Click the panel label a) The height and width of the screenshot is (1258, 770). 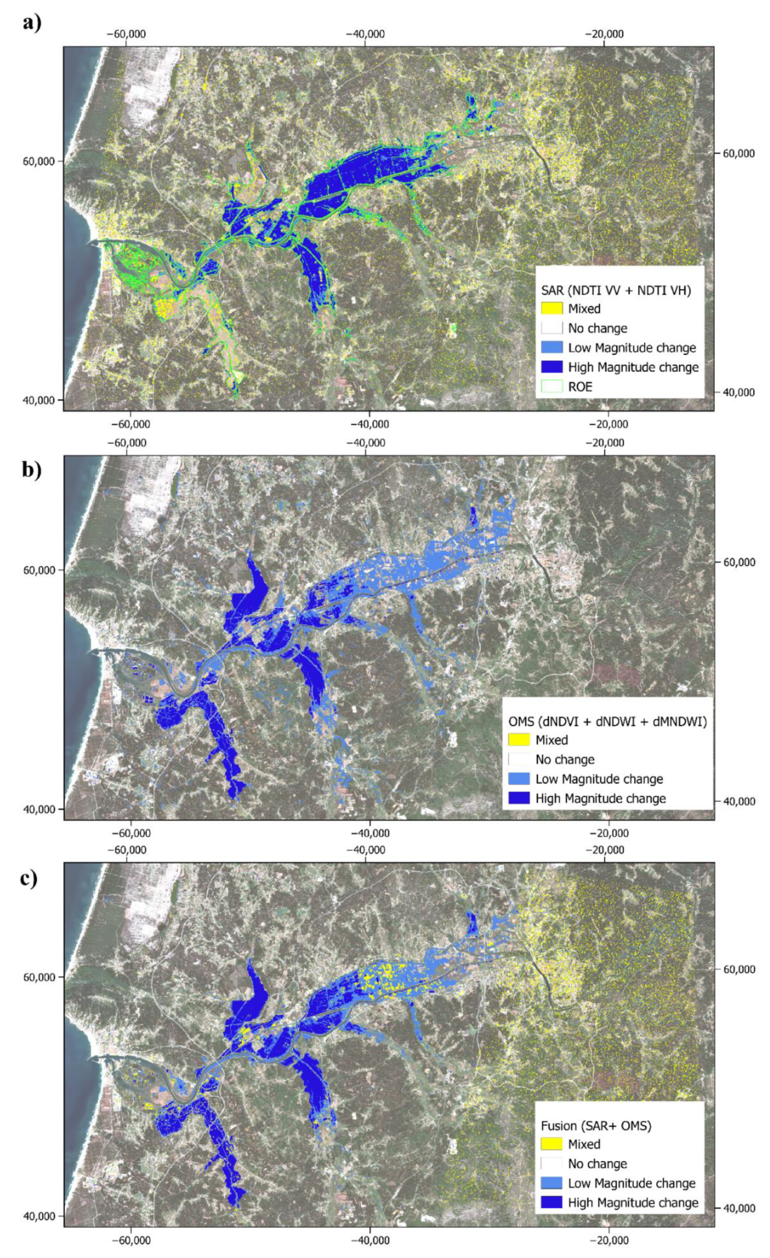[x=31, y=23]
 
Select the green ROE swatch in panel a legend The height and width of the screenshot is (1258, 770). [x=552, y=387]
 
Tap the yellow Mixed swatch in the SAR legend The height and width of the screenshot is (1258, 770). [x=552, y=308]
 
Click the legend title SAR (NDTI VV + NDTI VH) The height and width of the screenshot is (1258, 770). [x=616, y=290]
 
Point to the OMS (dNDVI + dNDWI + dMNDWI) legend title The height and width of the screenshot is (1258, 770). [x=608, y=722]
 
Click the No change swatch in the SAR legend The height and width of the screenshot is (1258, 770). [x=552, y=328]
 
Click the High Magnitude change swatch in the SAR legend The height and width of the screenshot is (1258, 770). [x=552, y=367]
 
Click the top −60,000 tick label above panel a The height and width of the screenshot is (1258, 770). [x=126, y=34]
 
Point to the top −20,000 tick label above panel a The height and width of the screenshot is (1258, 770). [x=604, y=34]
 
